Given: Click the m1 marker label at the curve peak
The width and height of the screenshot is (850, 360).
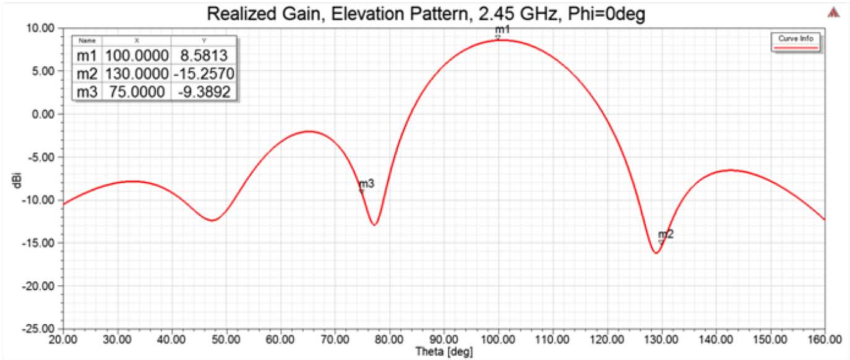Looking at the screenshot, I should (x=502, y=30).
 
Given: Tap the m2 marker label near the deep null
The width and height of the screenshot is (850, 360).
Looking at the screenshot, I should (x=666, y=234).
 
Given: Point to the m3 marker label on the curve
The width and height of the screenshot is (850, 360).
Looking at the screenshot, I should (x=366, y=184).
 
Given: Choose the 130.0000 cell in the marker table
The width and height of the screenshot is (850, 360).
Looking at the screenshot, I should (x=137, y=74).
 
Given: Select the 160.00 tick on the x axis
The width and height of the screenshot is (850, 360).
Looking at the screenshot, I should (x=824, y=339).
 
